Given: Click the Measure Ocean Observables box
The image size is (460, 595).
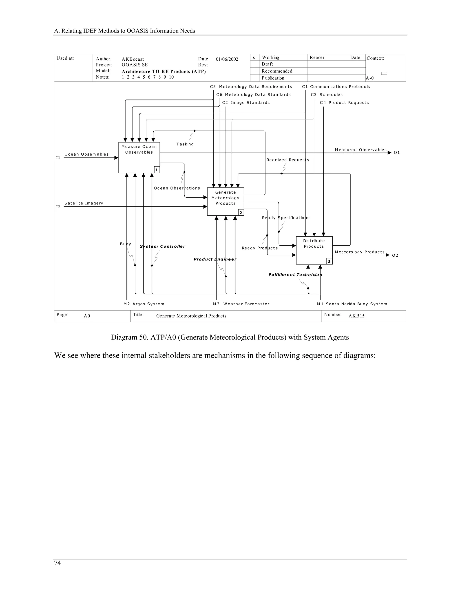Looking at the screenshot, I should [x=139, y=157].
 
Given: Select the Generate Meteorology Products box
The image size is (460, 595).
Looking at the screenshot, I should [x=225, y=201].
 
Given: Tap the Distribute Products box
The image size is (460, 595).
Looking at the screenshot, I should [x=314, y=250].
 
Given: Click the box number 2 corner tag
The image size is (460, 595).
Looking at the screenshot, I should [x=241, y=212].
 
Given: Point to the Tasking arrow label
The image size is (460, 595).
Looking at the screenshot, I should [x=185, y=144].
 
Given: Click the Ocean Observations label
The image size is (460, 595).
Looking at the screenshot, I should [x=177, y=188].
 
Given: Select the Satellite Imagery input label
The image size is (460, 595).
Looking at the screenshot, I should [x=84, y=203].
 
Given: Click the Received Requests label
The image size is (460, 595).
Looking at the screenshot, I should [x=288, y=160].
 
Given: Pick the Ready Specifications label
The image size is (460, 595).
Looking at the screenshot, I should [x=286, y=218].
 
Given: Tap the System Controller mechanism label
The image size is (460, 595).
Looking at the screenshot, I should [x=162, y=246].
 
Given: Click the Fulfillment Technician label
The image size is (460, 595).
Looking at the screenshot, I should [x=295, y=275].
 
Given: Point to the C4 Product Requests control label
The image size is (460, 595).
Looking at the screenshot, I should [x=344, y=103].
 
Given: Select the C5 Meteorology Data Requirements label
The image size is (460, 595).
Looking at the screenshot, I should [x=251, y=87].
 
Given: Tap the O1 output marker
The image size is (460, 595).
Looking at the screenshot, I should [x=397, y=152].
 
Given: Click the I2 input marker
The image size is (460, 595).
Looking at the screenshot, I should [x=58, y=207].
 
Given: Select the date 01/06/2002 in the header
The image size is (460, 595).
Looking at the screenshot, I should [x=227, y=59].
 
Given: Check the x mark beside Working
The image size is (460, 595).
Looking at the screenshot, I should [x=254, y=57].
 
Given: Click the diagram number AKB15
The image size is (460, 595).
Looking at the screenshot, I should [x=356, y=316].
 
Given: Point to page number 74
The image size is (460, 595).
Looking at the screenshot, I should [x=57, y=563].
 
